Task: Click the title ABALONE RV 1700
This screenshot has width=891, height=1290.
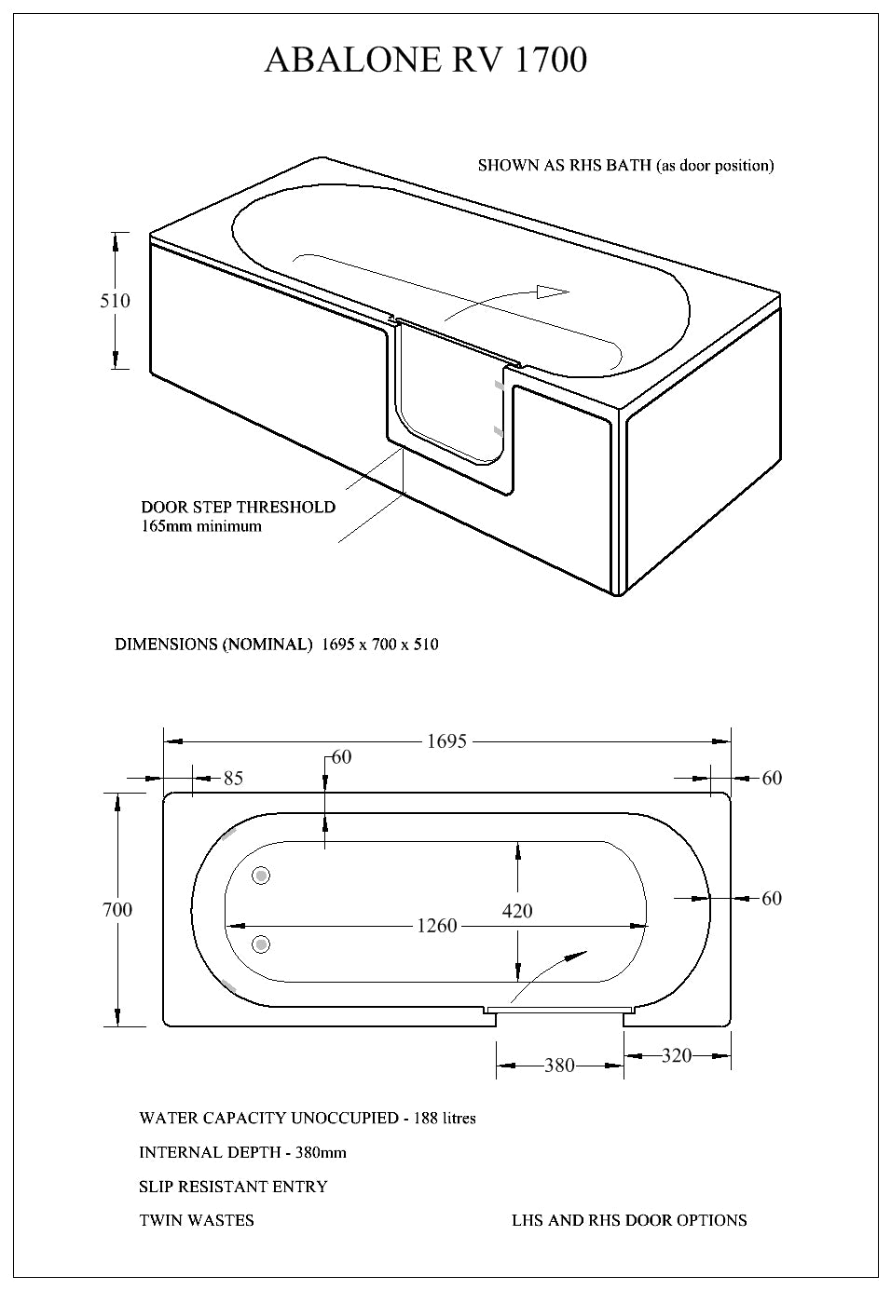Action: [426, 60]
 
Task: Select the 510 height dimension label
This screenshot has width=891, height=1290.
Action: [116, 301]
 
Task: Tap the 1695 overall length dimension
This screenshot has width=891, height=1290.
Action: [446, 741]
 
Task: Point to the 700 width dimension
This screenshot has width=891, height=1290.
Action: [117, 909]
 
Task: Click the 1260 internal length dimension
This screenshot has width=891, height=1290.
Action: [437, 926]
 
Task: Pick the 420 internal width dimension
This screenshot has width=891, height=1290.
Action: [517, 910]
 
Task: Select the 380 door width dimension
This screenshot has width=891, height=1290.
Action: [559, 1065]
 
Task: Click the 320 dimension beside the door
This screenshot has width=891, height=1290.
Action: [677, 1055]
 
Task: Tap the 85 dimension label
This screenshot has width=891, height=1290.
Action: [233, 778]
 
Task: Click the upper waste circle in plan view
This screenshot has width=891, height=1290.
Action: [262, 876]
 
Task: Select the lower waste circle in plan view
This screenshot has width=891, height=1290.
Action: [262, 944]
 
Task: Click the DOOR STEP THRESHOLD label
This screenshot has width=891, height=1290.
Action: [239, 508]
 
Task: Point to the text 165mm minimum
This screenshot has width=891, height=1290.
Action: [201, 526]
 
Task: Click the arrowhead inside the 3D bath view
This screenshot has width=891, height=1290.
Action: [553, 292]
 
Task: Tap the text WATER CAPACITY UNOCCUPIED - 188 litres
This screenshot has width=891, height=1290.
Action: [308, 1118]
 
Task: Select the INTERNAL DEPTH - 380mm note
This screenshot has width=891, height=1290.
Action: [242, 1152]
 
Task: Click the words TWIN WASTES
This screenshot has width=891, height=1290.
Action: [197, 1220]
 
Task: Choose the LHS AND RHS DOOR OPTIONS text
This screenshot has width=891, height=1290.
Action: [629, 1220]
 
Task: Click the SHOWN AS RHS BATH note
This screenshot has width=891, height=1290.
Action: [625, 166]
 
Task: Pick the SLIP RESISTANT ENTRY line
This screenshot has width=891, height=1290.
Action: [233, 1187]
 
